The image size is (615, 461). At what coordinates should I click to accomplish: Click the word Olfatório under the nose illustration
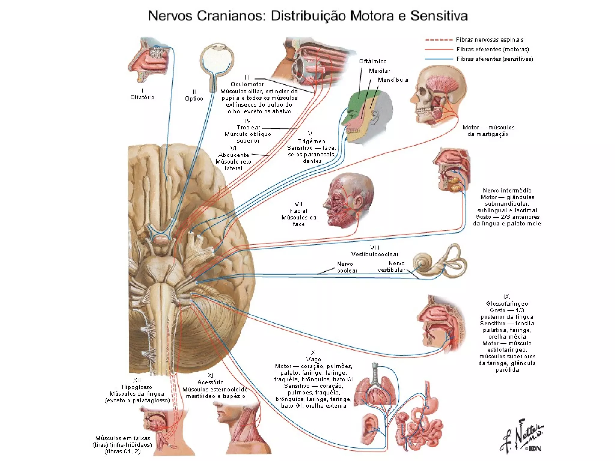pyautogui.click(x=142, y=97)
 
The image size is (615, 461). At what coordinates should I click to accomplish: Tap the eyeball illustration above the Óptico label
pyautogui.click(x=217, y=59)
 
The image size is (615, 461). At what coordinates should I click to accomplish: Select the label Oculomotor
pyautogui.click(x=247, y=84)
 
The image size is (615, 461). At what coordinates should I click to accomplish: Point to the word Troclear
pyautogui.click(x=248, y=128)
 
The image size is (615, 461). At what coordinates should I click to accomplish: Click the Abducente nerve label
pyautogui.click(x=234, y=155)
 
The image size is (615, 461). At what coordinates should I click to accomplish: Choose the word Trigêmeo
pyautogui.click(x=311, y=141)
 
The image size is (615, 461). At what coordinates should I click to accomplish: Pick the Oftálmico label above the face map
pyautogui.click(x=373, y=62)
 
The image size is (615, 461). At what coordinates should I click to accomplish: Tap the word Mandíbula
pyautogui.click(x=393, y=80)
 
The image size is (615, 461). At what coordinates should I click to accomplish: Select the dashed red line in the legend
pyautogui.click(x=438, y=40)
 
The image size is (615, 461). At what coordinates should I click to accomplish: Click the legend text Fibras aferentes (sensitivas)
pyautogui.click(x=495, y=59)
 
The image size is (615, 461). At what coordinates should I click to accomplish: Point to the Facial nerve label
pyautogui.click(x=298, y=211)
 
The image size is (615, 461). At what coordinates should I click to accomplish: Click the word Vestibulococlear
pyautogui.click(x=375, y=255)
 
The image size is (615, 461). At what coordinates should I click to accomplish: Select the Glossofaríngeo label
pyautogui.click(x=507, y=304)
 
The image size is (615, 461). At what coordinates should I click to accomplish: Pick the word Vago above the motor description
pyautogui.click(x=314, y=360)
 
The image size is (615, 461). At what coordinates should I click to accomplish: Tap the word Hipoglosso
pyautogui.click(x=137, y=387)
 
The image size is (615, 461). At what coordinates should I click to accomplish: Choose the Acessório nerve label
pyautogui.click(x=210, y=382)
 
